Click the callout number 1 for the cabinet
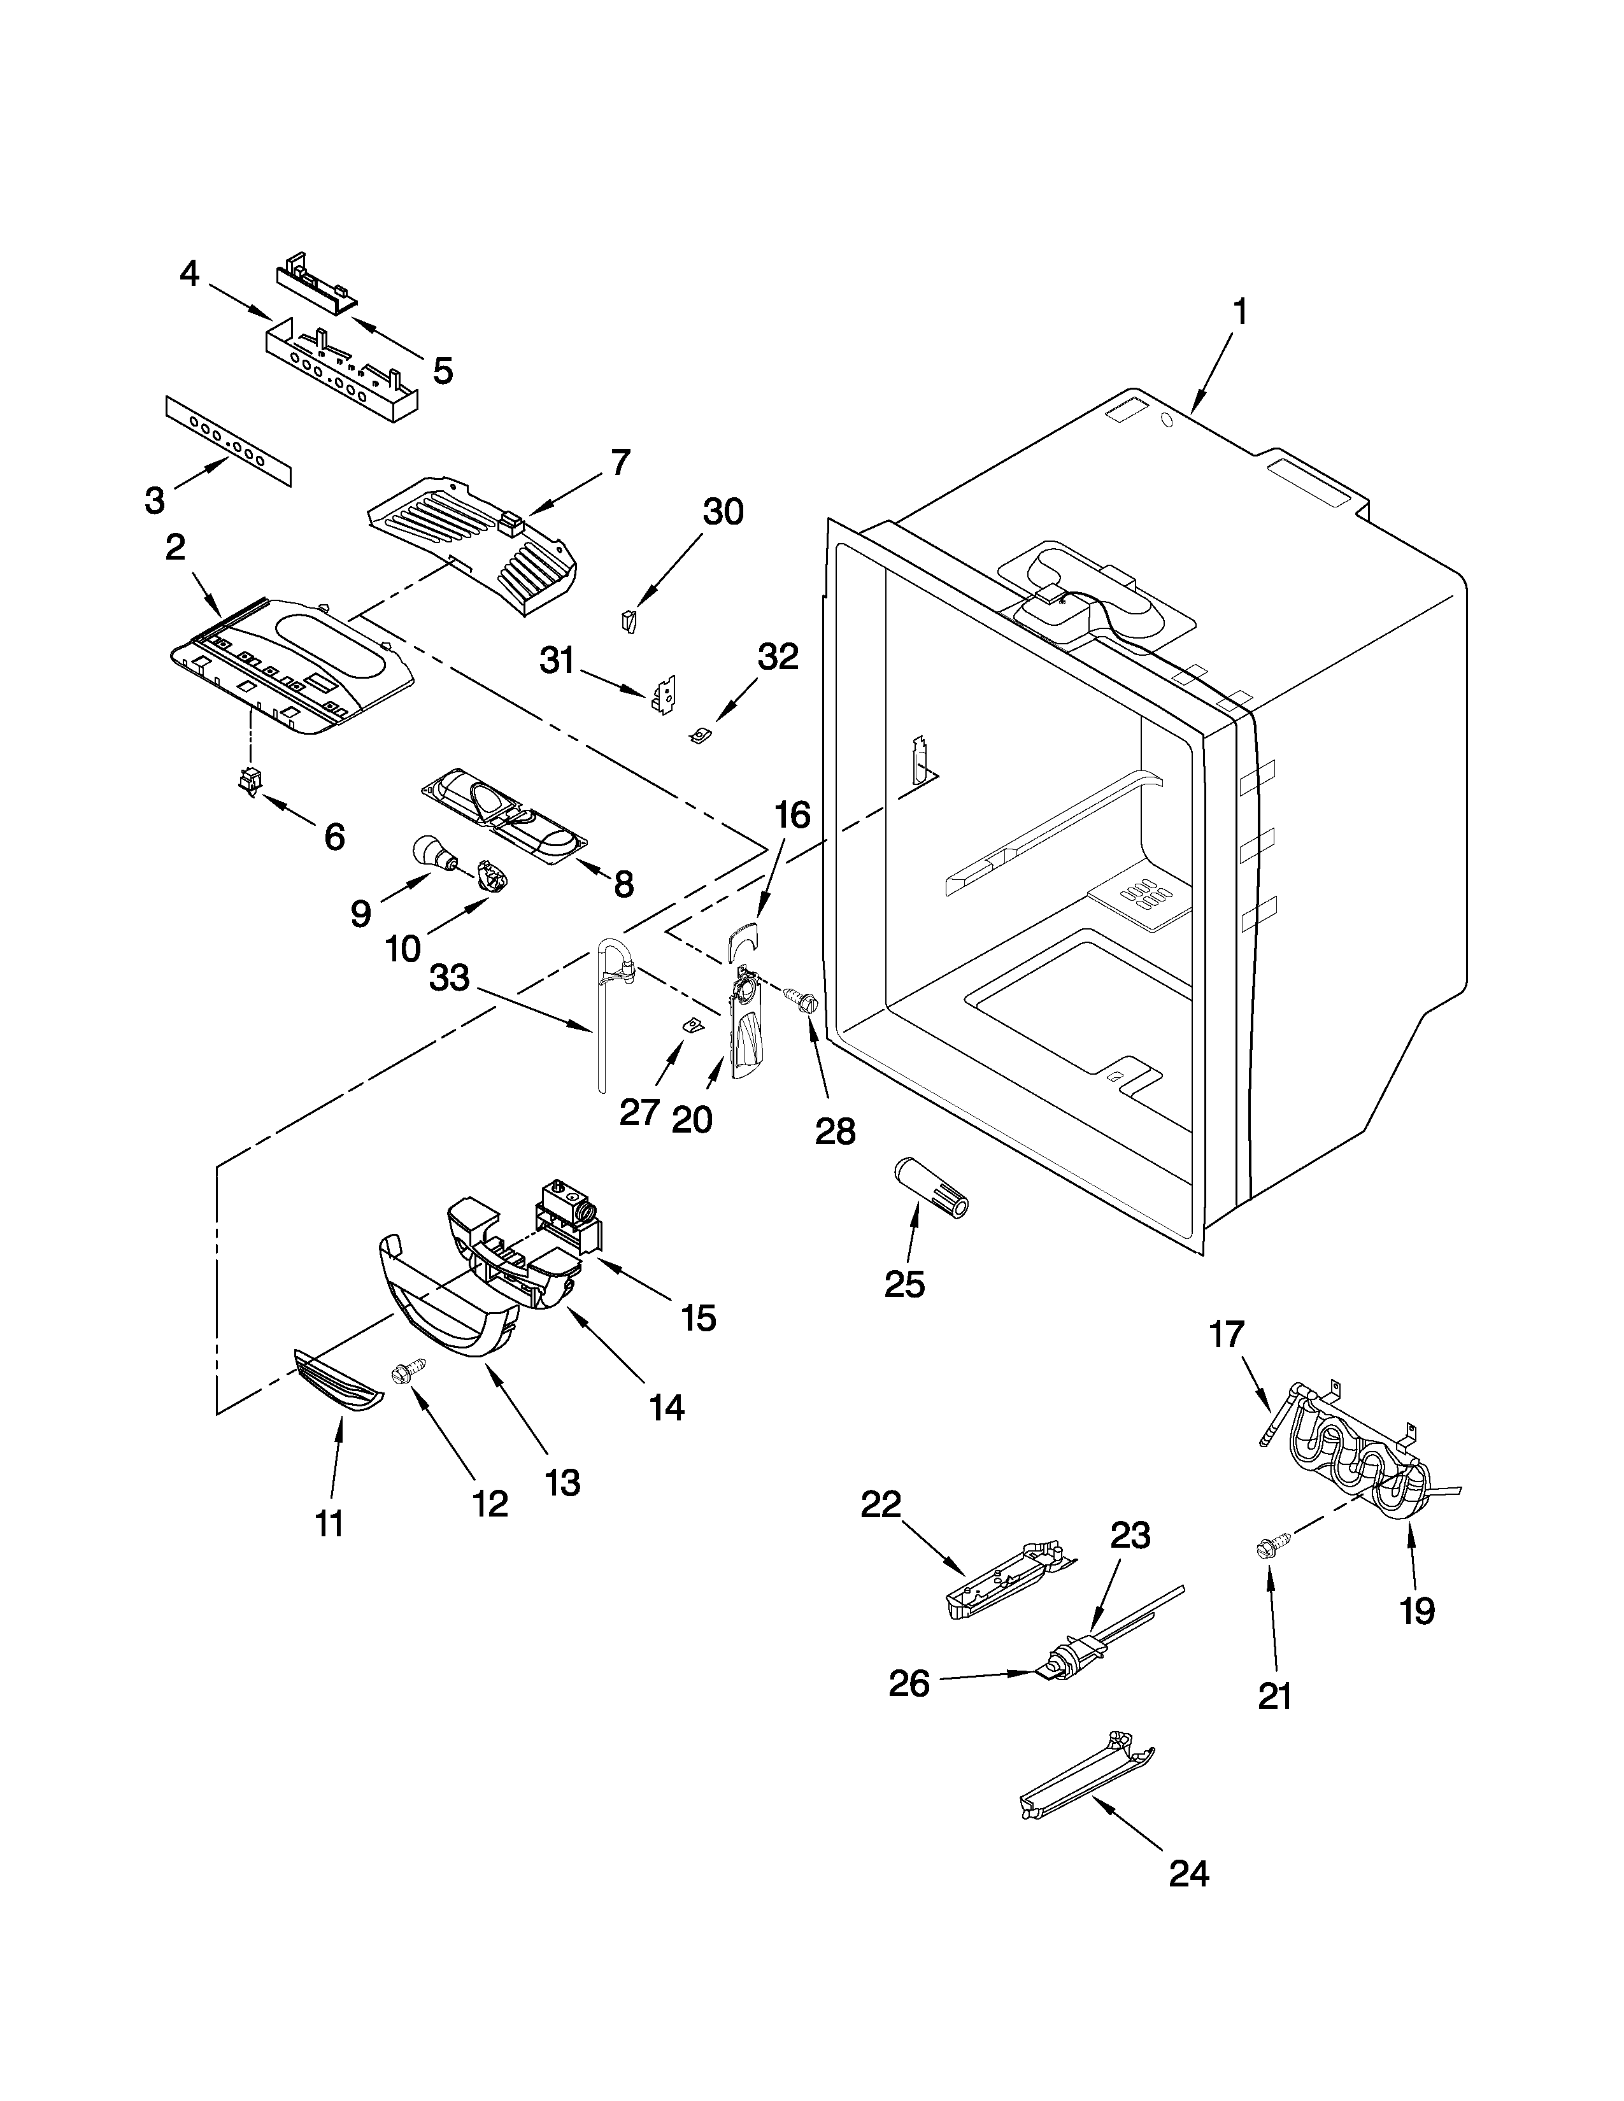tap(1240, 312)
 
